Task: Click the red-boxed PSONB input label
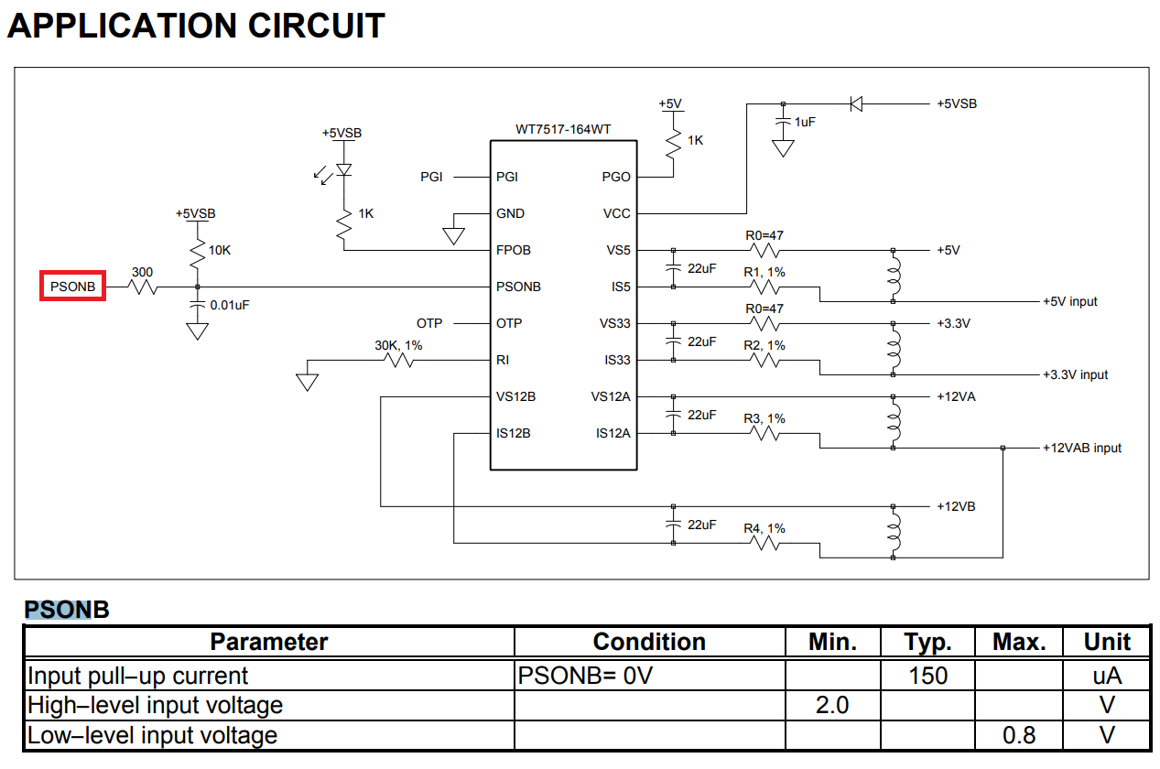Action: [73, 287]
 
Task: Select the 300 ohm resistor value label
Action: [142, 272]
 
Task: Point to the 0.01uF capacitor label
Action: [230, 305]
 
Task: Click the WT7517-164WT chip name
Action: [563, 129]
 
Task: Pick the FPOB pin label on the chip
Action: [514, 250]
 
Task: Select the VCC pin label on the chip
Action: [616, 213]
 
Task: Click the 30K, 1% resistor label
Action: [398, 345]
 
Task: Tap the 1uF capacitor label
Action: [805, 122]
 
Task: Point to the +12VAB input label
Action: [1081, 448]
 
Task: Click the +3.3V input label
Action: [1075, 374]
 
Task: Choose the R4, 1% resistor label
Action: [764, 528]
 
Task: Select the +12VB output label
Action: [955, 506]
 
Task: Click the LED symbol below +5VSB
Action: [343, 170]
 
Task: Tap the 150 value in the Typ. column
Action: [927, 676]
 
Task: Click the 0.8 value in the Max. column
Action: [1019, 735]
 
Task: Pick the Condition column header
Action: [649, 642]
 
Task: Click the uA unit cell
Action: [1107, 676]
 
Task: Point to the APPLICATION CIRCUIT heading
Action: [196, 26]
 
